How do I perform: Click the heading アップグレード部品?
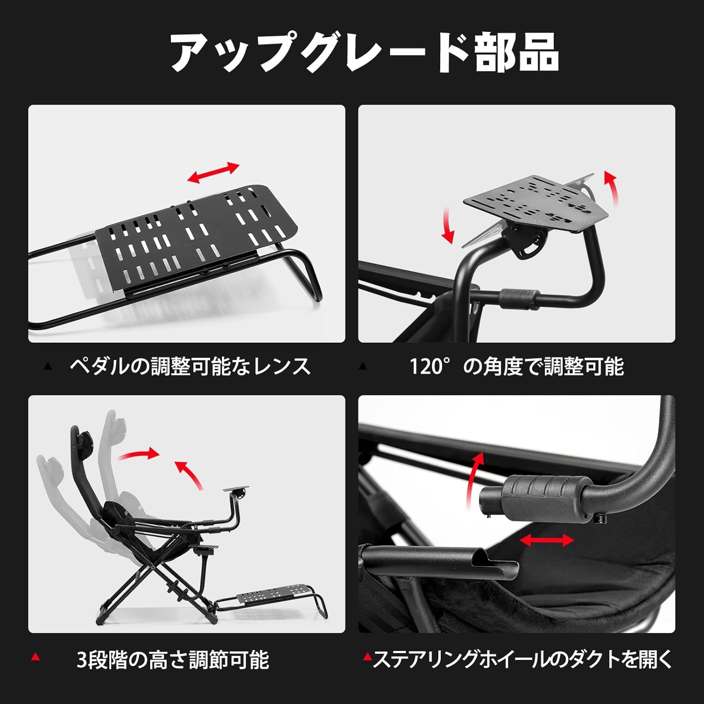(x=364, y=53)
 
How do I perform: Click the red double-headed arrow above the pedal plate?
(x=214, y=173)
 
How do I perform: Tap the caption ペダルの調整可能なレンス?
(x=190, y=366)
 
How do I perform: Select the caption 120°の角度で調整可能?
(x=517, y=366)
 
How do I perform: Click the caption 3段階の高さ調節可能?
(x=173, y=659)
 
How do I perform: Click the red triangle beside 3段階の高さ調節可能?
(x=35, y=657)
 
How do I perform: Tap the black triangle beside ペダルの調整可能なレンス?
(x=47, y=367)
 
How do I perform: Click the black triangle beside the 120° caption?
(x=362, y=366)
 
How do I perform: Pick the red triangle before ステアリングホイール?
(x=367, y=657)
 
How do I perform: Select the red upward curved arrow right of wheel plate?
(x=612, y=189)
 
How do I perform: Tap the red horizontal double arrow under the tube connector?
(x=547, y=540)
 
